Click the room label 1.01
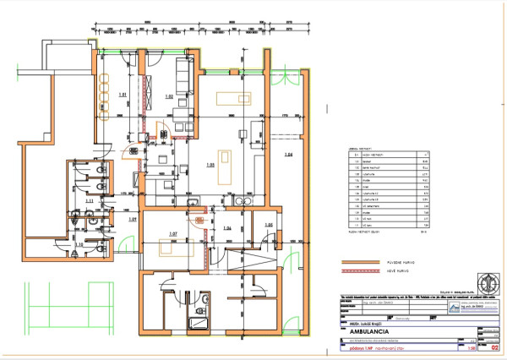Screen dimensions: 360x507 pos(122,94)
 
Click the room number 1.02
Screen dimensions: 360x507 pos(169,98)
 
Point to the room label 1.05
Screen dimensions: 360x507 pos(210,165)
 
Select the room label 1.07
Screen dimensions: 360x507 pos(172,233)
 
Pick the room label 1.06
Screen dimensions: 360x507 pos(226,229)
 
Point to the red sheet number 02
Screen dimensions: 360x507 pos(493,346)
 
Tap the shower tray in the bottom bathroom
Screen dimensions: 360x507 pos(199,324)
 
